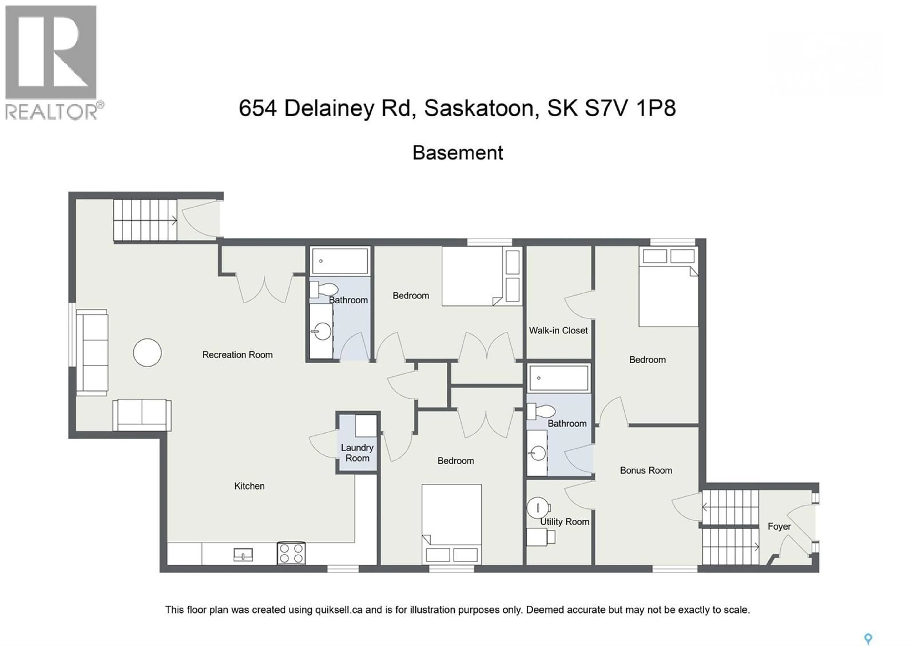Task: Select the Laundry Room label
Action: click(357, 453)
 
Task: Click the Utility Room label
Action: click(564, 522)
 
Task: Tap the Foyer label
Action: click(779, 526)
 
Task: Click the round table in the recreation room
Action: click(147, 353)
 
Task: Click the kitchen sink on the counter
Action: click(243, 554)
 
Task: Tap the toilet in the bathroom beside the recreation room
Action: click(325, 289)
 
